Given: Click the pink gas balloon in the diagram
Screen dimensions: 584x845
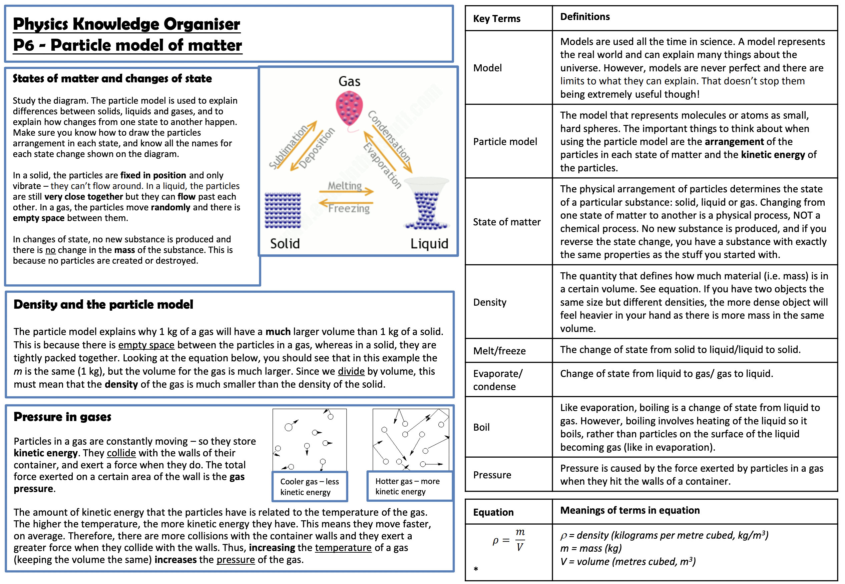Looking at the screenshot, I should (349, 108).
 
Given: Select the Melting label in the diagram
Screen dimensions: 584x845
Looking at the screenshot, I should (345, 186).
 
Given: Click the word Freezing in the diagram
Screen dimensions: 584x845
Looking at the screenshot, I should (349, 208).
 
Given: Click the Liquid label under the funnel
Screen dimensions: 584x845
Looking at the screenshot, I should (429, 243).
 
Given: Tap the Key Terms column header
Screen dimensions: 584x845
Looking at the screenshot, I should (496, 18).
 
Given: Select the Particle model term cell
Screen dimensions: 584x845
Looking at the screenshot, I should (505, 142).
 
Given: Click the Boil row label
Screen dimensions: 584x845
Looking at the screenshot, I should (481, 427).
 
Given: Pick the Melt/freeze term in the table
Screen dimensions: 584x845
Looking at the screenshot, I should (499, 351).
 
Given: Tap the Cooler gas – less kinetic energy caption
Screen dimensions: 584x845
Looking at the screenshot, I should (309, 487).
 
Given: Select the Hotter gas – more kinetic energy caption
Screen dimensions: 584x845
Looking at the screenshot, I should (408, 486).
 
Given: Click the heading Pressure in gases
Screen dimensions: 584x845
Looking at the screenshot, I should (62, 417).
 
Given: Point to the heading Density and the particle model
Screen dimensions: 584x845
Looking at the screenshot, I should (103, 304).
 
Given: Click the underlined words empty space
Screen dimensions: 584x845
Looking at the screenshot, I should (146, 345).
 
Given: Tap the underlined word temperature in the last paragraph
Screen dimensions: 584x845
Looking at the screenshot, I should (343, 547).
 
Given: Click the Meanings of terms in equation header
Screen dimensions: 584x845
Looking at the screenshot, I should (630, 510).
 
